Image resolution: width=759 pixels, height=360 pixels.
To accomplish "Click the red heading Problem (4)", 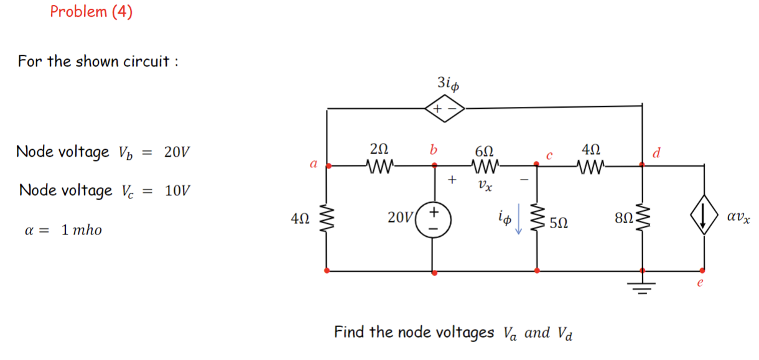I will tap(91, 12).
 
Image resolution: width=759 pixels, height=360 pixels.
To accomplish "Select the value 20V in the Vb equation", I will tap(178, 152).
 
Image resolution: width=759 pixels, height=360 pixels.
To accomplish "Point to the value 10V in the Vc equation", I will tap(178, 190).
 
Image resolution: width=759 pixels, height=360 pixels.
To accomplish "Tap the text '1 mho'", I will tap(81, 230).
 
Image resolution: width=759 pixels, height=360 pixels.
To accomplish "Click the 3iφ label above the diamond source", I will tap(448, 83).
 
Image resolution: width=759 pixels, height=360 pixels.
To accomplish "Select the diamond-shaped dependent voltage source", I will tap(445, 108).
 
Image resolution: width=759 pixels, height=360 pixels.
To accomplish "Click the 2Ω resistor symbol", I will tap(379, 166).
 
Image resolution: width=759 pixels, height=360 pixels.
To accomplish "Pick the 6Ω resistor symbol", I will tap(483, 166).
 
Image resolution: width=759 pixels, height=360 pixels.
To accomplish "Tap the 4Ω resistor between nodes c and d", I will tap(589, 166).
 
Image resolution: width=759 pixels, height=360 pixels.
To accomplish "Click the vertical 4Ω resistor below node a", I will tap(327, 219).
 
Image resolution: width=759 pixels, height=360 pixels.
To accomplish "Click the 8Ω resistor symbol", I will tap(641, 219).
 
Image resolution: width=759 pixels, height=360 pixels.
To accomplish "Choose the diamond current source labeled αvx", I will tap(704, 219).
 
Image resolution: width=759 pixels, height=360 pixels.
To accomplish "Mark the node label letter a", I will tap(314, 164).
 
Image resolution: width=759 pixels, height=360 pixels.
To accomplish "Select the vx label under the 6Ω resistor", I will tap(483, 185).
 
